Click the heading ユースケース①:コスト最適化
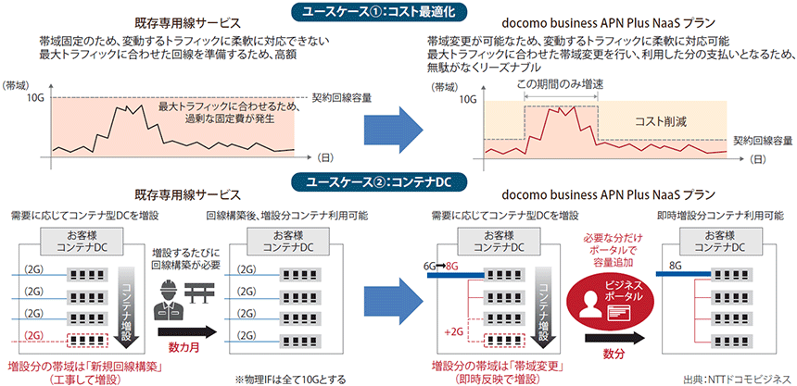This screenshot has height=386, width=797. [x=399, y=11]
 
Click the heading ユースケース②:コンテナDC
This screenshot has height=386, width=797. [x=399, y=181]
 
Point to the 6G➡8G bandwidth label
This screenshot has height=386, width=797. [x=440, y=265]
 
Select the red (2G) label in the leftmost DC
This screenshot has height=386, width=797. [x=32, y=333]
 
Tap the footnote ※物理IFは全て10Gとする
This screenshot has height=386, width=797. [x=289, y=377]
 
